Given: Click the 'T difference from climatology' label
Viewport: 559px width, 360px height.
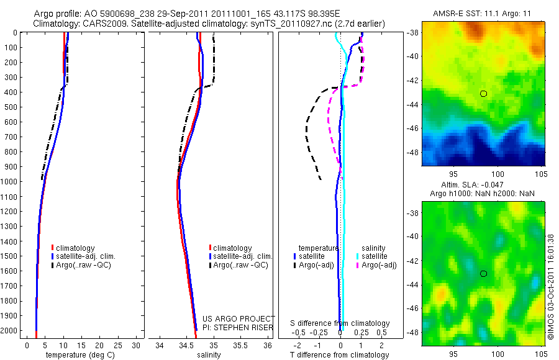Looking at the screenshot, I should (340, 355).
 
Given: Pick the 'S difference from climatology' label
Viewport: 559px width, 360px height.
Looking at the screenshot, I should (340, 323).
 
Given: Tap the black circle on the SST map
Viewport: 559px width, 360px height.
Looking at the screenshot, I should (483, 94).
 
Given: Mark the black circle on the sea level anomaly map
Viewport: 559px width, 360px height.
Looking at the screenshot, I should (483, 273).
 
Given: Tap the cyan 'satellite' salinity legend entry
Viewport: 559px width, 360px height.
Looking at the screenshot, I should (375, 256).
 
